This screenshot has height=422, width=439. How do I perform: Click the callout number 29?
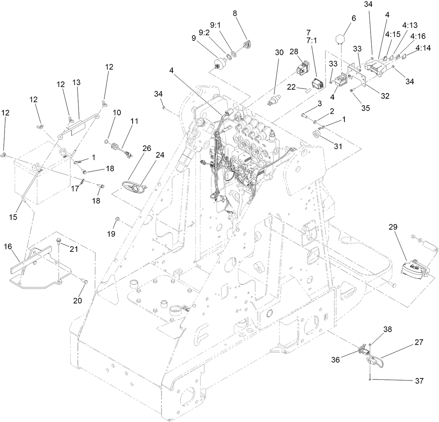coord(393,227)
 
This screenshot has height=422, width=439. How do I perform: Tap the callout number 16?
coord(8,247)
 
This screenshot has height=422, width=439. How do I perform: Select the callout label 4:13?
coord(409,25)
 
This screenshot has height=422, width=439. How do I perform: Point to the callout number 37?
coord(419,381)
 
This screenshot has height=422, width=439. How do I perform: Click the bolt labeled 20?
coord(85,281)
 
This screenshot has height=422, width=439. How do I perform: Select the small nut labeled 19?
coord(117,219)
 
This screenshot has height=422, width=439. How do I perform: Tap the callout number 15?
coord(13,217)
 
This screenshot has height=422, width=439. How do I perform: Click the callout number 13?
coord(76,83)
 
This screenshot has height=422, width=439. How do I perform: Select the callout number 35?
coord(365,108)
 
